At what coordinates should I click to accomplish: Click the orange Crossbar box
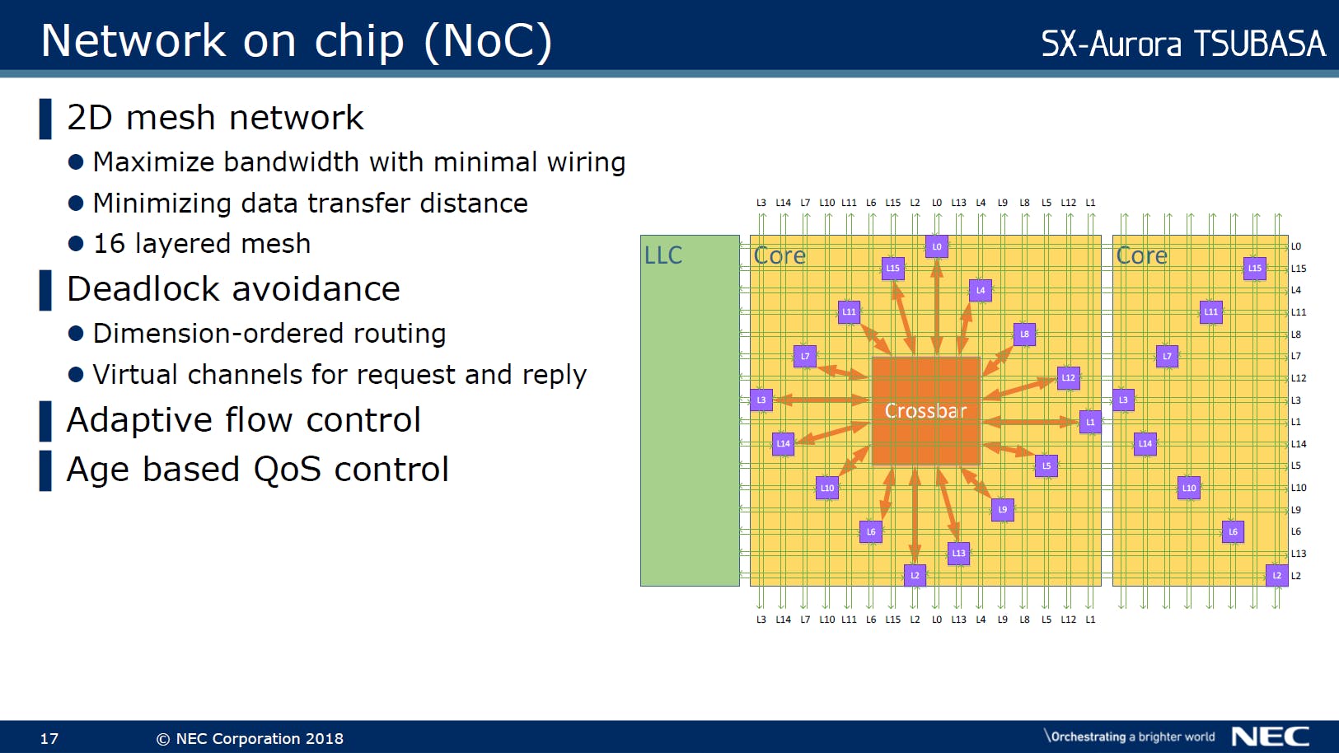pyautogui.click(x=925, y=410)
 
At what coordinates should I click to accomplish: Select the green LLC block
pyautogui.click(x=690, y=410)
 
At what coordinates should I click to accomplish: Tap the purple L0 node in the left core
pyautogui.click(x=936, y=246)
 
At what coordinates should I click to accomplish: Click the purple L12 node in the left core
pyautogui.click(x=1068, y=378)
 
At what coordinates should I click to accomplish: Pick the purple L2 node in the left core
pyautogui.click(x=915, y=575)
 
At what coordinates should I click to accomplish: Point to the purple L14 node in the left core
pyautogui.click(x=783, y=443)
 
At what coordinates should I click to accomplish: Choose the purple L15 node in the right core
pyautogui.click(x=1254, y=268)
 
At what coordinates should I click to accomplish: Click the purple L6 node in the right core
pyautogui.click(x=1233, y=531)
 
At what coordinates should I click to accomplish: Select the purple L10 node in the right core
pyautogui.click(x=1189, y=488)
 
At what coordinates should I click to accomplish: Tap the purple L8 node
pyautogui.click(x=1024, y=334)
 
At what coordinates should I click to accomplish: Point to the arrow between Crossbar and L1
pyautogui.click(x=1030, y=422)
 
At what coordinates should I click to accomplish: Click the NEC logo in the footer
pyautogui.click(x=1270, y=736)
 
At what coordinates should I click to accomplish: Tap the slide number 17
pyautogui.click(x=49, y=738)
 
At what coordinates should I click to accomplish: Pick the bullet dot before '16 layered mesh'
pyautogui.click(x=76, y=244)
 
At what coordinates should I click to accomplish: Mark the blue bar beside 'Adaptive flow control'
pyautogui.click(x=45, y=421)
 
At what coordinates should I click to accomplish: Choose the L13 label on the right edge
pyautogui.click(x=1299, y=554)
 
